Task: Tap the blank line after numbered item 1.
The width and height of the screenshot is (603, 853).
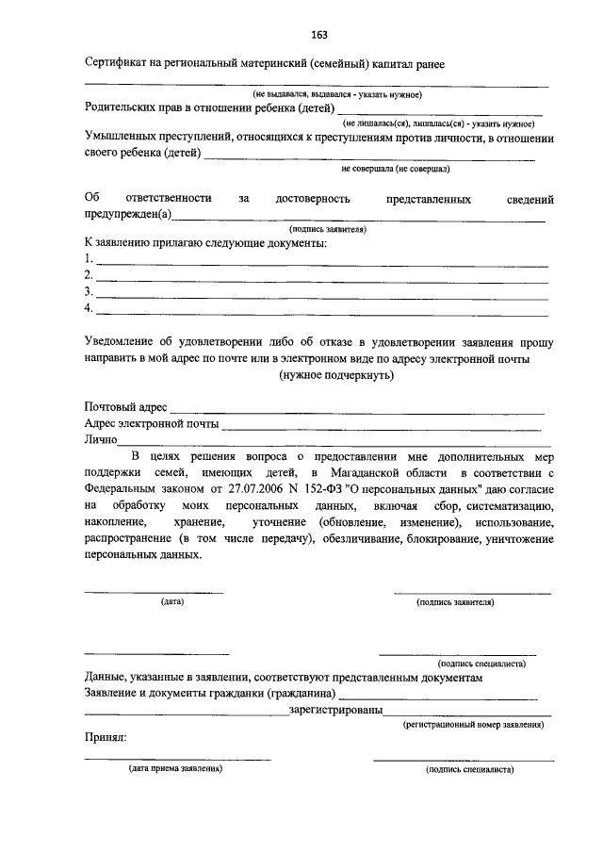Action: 320,263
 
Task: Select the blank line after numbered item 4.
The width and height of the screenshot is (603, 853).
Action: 320,312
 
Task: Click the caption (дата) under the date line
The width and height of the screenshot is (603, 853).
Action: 171,600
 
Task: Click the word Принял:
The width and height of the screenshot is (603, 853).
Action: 105,740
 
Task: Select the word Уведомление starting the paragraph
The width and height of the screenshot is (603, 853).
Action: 126,342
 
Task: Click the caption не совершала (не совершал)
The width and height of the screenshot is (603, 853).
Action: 395,170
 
